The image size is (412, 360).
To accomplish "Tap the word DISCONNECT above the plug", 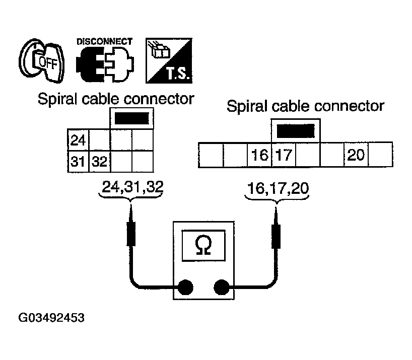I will [104, 41].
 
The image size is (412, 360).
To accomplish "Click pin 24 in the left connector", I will [78, 139].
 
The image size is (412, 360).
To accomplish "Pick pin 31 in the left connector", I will [78, 162].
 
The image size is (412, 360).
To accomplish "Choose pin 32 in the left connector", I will [99, 162].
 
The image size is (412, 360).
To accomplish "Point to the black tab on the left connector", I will [132, 118].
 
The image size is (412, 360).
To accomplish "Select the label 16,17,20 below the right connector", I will [278, 187].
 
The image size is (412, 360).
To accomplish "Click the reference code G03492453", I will [52, 319].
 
